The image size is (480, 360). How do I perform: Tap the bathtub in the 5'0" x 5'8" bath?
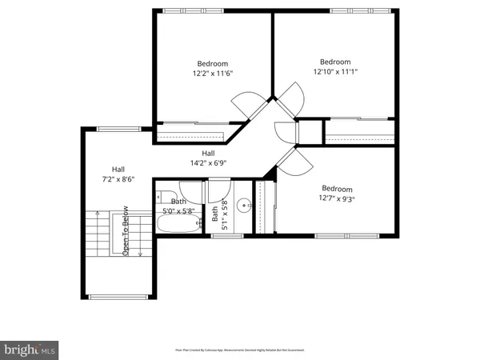click(177, 225)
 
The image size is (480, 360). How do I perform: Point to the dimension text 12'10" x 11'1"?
click(335, 71)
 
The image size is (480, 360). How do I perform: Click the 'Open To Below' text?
click(126, 231)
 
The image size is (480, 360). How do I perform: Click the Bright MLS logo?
click(30, 350)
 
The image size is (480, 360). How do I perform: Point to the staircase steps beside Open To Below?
click(102, 232)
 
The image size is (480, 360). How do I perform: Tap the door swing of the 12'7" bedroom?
click(289, 164)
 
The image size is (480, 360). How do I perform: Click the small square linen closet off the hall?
click(309, 131)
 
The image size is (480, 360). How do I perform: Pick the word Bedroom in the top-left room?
click(213, 64)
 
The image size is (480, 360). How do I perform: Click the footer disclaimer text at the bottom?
click(240, 350)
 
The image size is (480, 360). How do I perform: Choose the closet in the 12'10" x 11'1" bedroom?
click(360, 130)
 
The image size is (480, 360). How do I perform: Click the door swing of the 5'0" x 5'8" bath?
click(218, 192)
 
